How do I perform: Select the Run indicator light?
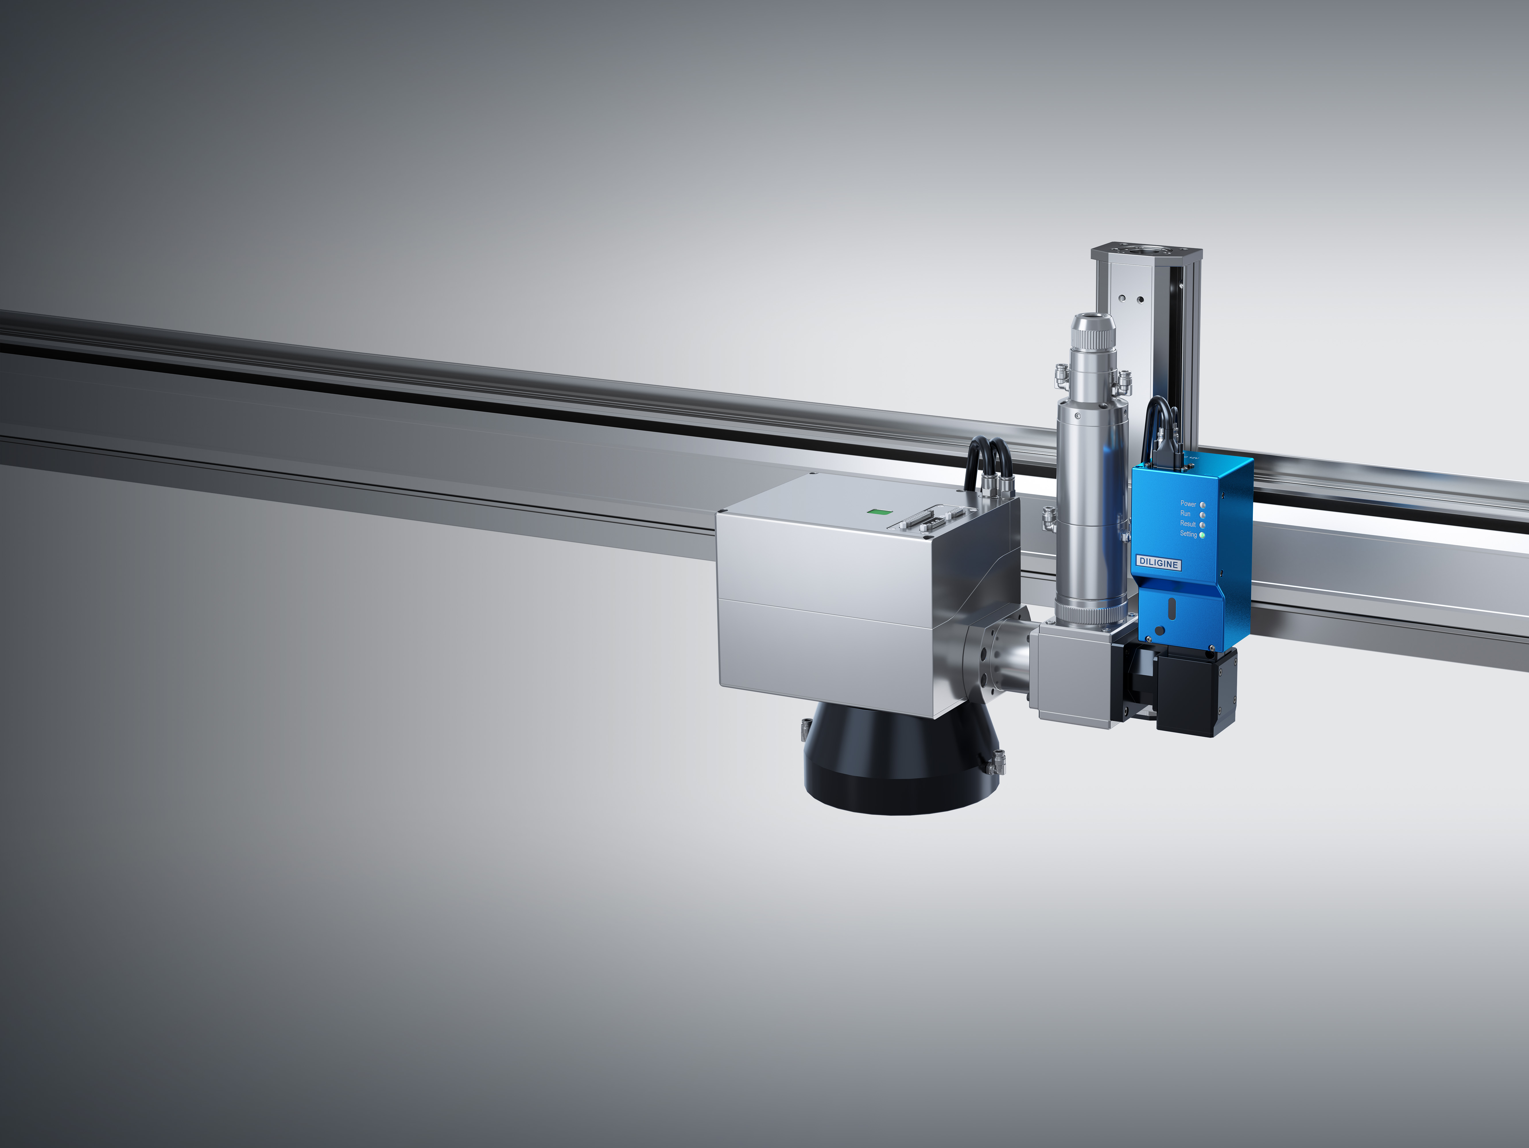pyautogui.click(x=1203, y=515)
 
